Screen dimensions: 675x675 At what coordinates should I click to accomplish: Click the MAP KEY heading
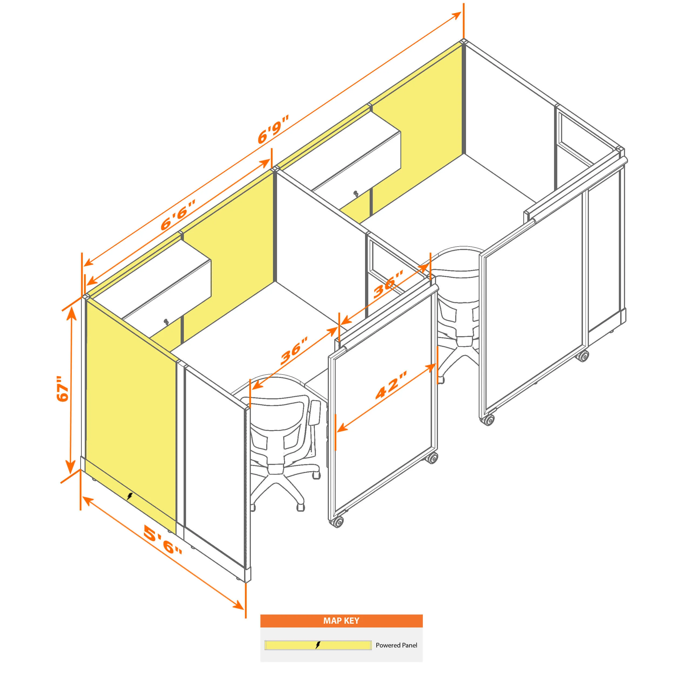[x=341, y=620]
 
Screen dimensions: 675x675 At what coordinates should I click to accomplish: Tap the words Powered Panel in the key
[x=396, y=645]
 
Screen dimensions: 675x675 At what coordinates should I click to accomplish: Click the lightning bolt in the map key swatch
[x=318, y=645]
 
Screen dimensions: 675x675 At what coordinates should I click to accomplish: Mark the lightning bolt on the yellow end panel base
[x=130, y=496]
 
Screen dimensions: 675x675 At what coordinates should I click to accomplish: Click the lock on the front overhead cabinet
[x=166, y=321]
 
